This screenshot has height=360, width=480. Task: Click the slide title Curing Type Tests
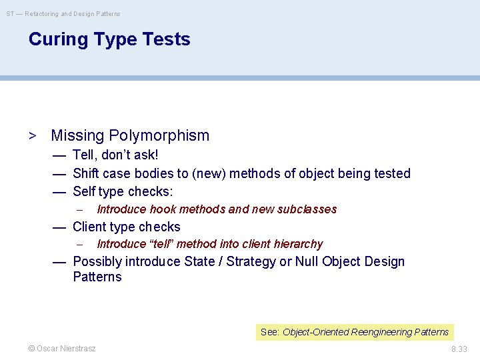tap(109, 39)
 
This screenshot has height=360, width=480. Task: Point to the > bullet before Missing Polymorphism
tap(32, 136)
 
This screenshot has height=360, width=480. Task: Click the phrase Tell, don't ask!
tap(115, 155)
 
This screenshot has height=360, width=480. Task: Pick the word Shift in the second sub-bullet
tap(86, 173)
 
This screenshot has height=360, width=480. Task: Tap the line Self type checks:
tap(123, 192)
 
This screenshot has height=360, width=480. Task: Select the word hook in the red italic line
tap(163, 209)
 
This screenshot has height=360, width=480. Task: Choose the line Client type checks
tap(126, 227)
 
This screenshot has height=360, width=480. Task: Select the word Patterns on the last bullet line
tap(97, 277)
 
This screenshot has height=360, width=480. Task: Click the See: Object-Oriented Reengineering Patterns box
tap(355, 332)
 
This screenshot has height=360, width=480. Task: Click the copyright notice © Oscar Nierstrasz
tap(61, 349)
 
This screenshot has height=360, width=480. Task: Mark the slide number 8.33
tap(459, 349)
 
